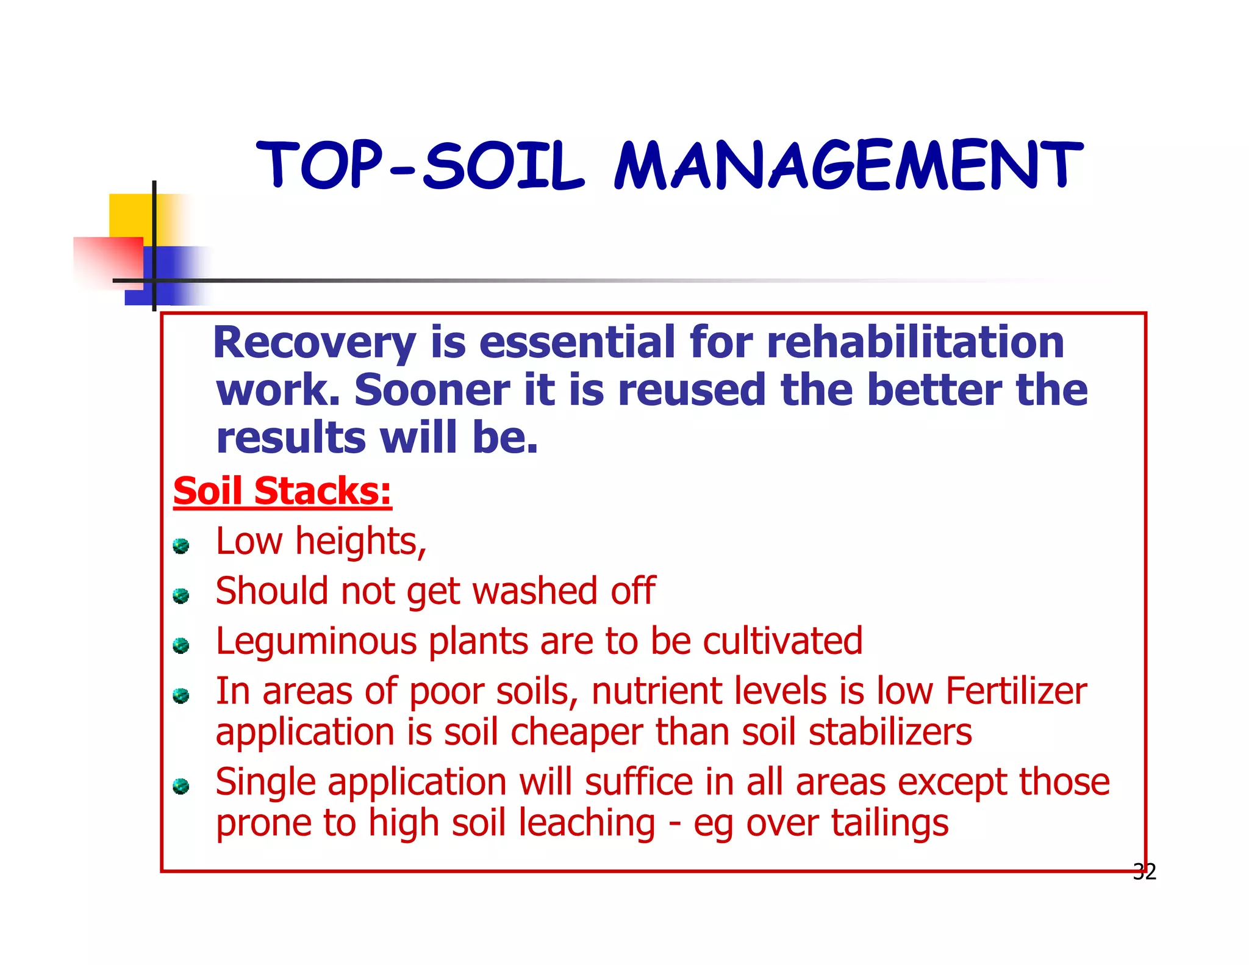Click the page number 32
click(1144, 872)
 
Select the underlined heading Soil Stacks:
click(282, 491)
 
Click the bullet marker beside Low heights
click(181, 545)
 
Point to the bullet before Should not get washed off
click(181, 595)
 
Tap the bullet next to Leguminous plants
click(181, 645)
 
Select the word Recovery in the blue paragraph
click(314, 343)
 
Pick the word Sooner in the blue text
click(432, 390)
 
